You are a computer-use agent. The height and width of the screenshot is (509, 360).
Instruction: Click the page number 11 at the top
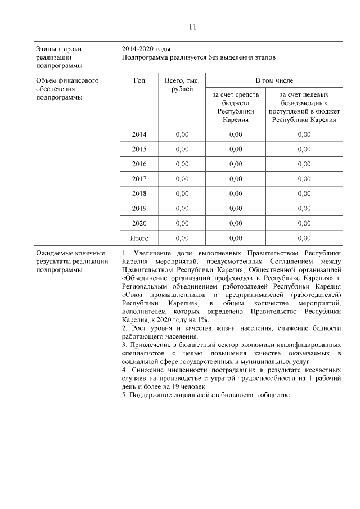pyautogui.click(x=192, y=26)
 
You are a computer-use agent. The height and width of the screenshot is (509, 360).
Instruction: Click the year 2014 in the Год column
pyautogui.click(x=139, y=134)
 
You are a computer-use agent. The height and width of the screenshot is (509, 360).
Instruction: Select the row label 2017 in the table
pyautogui.click(x=139, y=179)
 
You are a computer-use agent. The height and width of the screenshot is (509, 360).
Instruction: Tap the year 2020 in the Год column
pyautogui.click(x=139, y=223)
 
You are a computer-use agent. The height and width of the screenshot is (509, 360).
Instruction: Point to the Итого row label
pyautogui.click(x=139, y=238)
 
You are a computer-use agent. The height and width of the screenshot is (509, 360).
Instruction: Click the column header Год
pyautogui.click(x=139, y=81)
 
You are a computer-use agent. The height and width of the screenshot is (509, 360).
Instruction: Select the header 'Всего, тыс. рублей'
pyautogui.click(x=182, y=85)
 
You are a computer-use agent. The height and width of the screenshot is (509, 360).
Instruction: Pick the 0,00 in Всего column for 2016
pyautogui.click(x=182, y=164)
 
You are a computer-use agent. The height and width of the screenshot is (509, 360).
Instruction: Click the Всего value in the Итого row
pyautogui.click(x=182, y=238)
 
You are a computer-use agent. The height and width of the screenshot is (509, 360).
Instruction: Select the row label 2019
pyautogui.click(x=139, y=208)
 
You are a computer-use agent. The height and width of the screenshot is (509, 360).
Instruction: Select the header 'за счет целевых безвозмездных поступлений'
pyautogui.click(x=304, y=107)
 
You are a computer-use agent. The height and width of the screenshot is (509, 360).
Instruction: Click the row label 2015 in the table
pyautogui.click(x=139, y=150)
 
